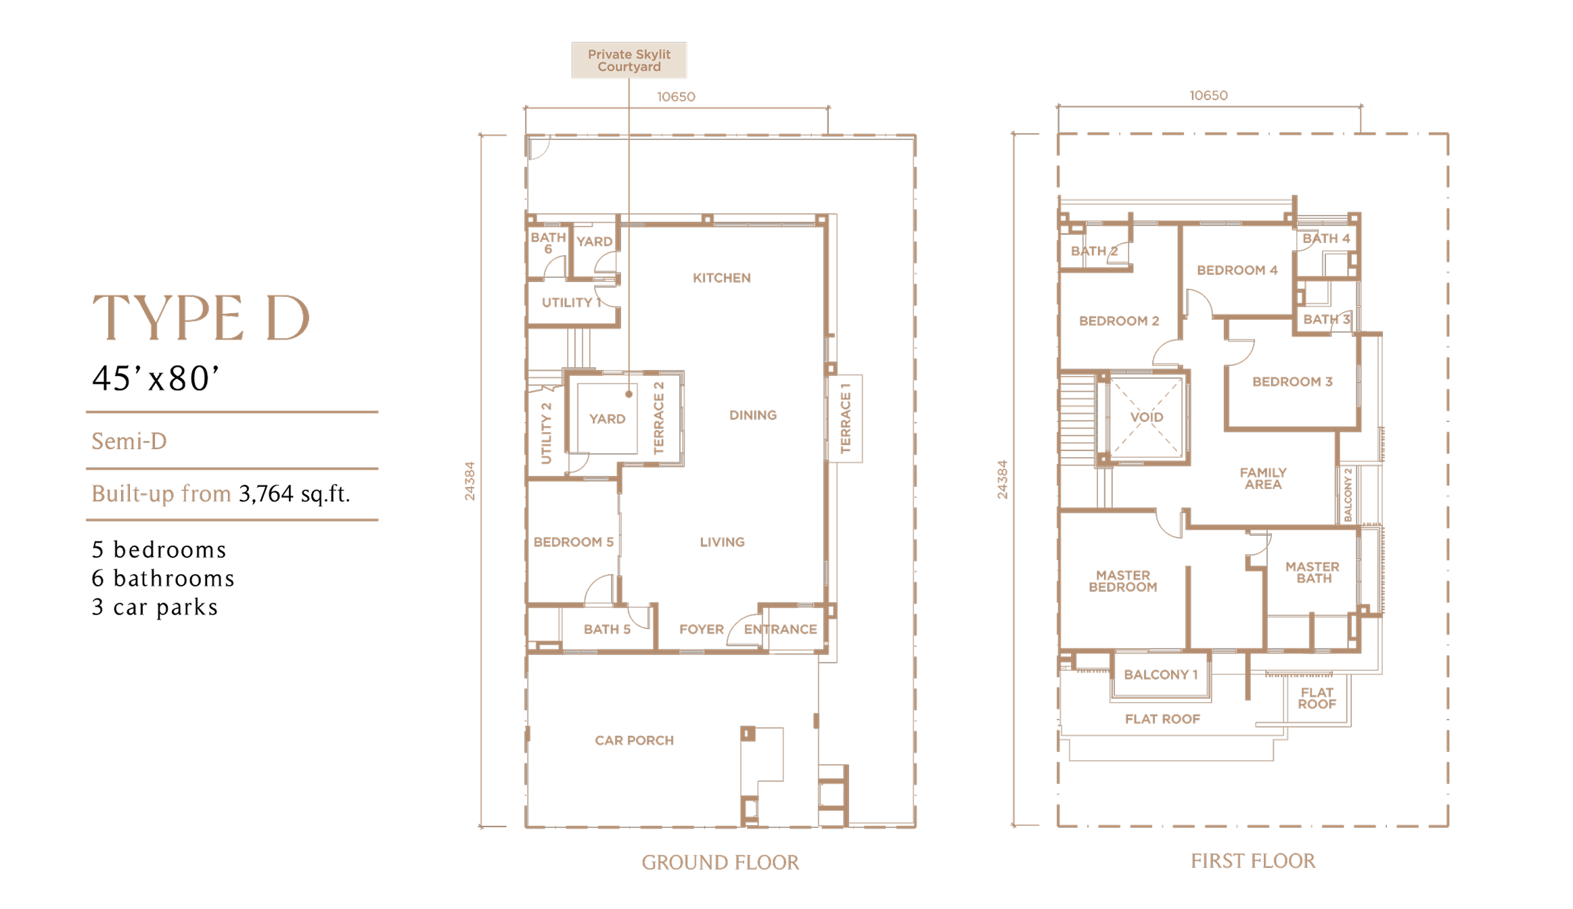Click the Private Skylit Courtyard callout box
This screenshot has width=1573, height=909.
(x=629, y=60)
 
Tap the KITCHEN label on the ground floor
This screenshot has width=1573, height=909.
(x=721, y=278)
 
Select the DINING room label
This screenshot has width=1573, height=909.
(x=752, y=415)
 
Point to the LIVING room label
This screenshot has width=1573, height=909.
(x=722, y=542)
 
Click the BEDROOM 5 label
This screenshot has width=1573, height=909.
(x=573, y=542)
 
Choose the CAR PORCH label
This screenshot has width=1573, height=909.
(x=634, y=741)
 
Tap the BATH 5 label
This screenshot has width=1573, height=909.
(x=607, y=630)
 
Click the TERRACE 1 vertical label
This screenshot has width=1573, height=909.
(x=845, y=418)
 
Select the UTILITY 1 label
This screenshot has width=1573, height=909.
(x=571, y=303)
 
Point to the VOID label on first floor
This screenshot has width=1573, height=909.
(x=1146, y=417)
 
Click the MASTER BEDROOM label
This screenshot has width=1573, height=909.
(x=1122, y=581)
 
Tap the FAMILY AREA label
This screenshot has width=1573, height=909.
(x=1262, y=478)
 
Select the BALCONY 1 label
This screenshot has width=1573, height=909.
(x=1160, y=675)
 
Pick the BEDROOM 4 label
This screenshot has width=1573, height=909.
(x=1237, y=271)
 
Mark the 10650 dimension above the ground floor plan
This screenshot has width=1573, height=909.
(x=676, y=97)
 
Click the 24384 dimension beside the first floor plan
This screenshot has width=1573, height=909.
(x=1002, y=480)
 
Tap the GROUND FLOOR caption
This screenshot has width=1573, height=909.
(x=720, y=862)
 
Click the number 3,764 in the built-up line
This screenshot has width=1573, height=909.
(x=266, y=494)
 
